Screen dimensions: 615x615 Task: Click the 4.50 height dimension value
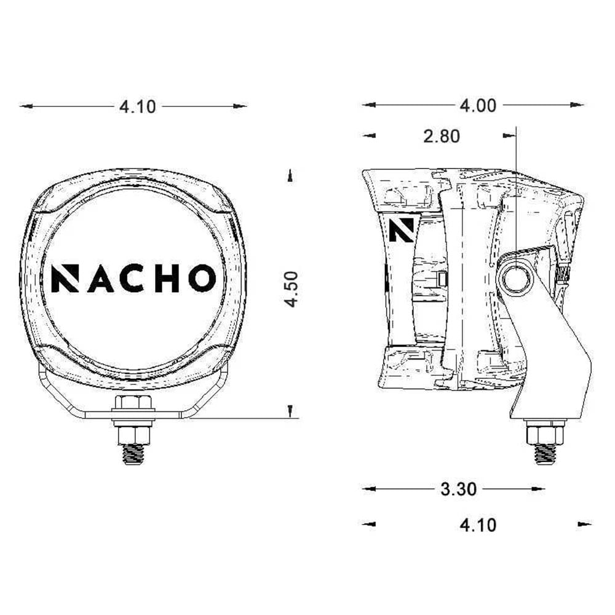tap(292, 289)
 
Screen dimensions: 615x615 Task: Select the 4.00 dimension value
tap(478, 106)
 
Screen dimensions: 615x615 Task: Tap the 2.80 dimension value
tap(442, 136)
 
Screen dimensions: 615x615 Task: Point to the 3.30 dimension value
tap(459, 489)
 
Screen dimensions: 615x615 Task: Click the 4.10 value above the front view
tap(138, 106)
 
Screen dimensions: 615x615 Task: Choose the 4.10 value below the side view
tap(478, 525)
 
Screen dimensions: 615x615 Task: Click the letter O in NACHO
tap(202, 278)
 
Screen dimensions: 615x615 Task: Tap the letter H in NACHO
tap(167, 279)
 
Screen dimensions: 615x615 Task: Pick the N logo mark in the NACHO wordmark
tap(65, 279)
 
